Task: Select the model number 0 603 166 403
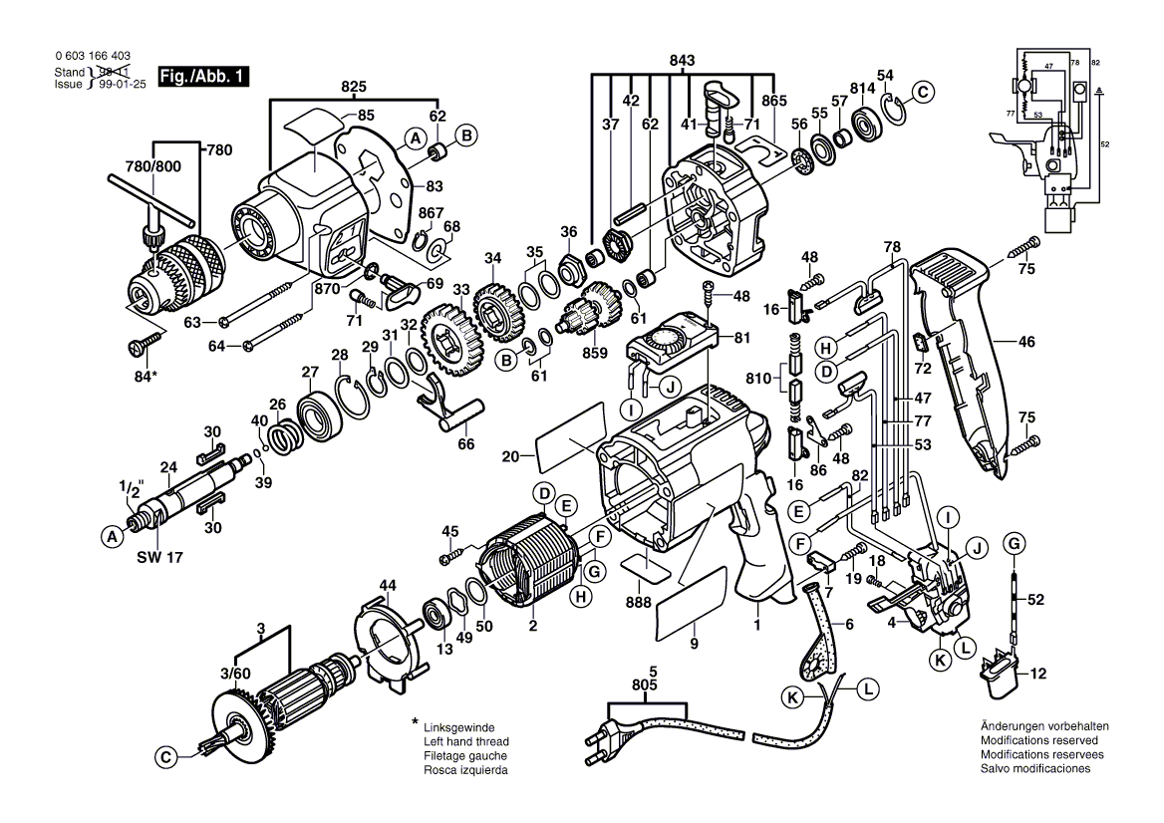click(x=92, y=59)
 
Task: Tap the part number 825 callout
click(x=354, y=88)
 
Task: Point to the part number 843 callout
click(x=682, y=61)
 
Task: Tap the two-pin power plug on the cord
click(x=601, y=741)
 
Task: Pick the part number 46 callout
click(x=1026, y=342)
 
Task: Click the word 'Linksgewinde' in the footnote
click(x=459, y=727)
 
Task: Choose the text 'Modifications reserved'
click(x=1038, y=741)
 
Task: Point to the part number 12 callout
click(x=1038, y=674)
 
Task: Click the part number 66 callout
click(x=465, y=444)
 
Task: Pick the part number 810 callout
click(x=758, y=379)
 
